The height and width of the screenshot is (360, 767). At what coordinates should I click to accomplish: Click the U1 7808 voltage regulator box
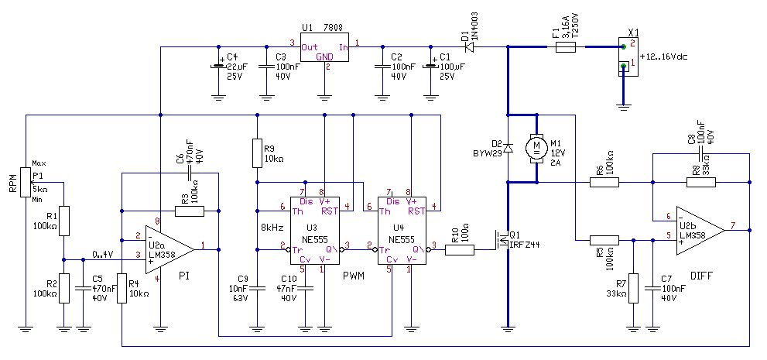pos(324,47)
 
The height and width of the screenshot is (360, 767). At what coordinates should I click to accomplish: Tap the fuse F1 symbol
pos(566,47)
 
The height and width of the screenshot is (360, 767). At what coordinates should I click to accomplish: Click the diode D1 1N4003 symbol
pos(470,47)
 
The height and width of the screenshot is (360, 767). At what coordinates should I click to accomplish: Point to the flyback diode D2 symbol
pos(508,147)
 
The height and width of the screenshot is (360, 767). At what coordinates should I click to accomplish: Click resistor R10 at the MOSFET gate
pos(459,250)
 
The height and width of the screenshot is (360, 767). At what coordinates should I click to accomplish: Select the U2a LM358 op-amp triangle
pos(169,249)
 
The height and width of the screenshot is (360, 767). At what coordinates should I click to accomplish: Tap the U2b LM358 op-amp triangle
pos(700,231)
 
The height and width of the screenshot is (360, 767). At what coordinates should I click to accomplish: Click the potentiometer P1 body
pos(26,183)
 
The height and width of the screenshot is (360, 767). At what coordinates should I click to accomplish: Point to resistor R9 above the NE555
pos(258,153)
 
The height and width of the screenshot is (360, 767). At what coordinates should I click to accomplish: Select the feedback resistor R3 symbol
pos(190,211)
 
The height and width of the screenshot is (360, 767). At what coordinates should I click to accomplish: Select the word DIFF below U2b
pos(701,276)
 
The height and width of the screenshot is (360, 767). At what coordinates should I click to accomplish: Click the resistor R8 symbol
pos(701,183)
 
